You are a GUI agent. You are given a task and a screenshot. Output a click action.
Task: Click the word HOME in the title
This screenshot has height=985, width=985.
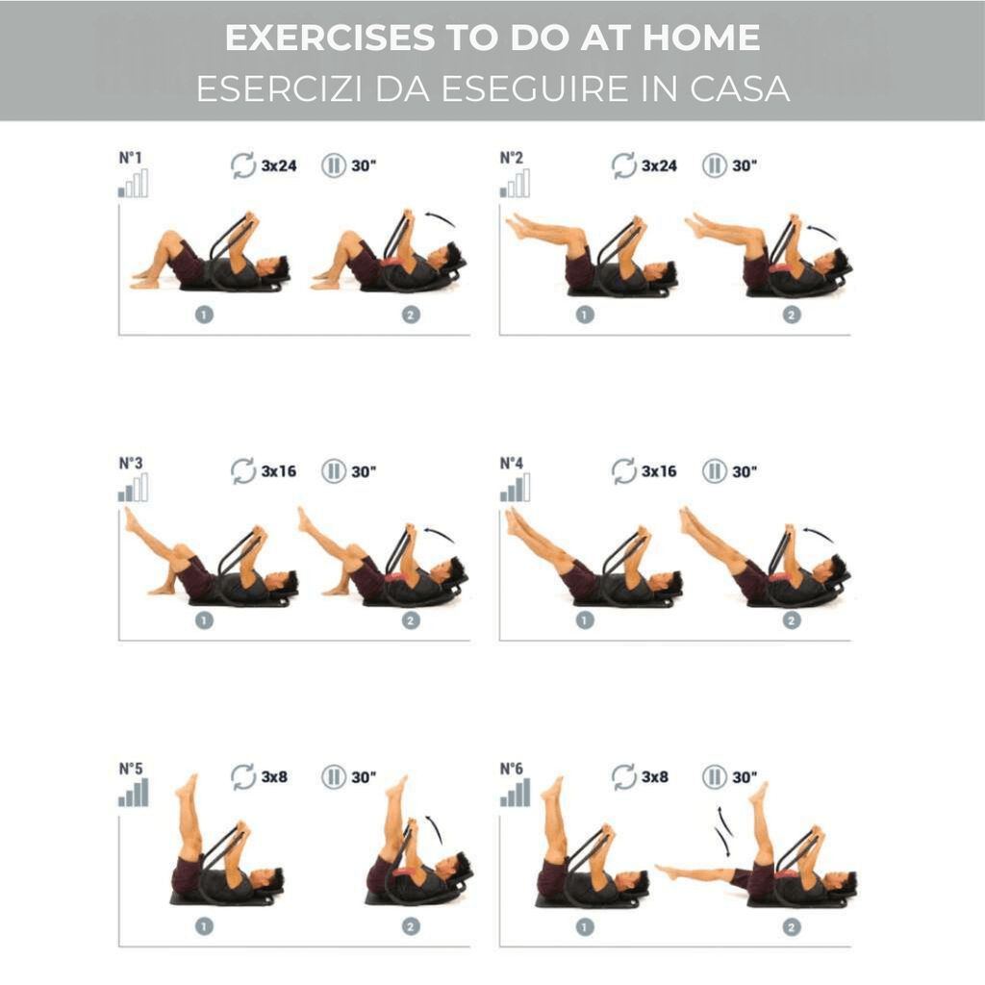701,38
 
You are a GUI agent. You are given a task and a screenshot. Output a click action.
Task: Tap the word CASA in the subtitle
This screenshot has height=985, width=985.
740,88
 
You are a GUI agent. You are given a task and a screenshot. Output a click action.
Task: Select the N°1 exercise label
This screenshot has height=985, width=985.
131,158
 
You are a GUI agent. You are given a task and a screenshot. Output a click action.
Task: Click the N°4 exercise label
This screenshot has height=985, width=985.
512,464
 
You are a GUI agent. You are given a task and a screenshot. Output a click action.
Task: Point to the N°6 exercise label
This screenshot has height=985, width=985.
512,769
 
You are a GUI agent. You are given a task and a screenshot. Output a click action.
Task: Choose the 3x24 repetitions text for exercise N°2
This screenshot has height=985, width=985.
659,165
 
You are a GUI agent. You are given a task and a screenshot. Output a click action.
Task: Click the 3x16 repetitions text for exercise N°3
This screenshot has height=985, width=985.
278,471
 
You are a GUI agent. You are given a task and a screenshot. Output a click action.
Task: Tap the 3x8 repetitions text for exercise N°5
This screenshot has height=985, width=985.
274,777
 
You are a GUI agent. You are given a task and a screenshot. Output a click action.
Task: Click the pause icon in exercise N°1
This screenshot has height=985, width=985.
334,165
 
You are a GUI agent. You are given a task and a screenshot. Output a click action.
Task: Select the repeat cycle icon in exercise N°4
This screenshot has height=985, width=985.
623,471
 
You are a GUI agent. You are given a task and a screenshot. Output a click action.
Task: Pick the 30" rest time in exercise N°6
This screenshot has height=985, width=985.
745,777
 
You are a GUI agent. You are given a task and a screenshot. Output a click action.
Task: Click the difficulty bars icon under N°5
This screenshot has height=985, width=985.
133,793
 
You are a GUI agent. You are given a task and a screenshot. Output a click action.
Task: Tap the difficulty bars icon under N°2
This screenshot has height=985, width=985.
515,183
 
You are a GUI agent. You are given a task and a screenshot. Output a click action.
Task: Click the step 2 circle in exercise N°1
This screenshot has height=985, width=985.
411,315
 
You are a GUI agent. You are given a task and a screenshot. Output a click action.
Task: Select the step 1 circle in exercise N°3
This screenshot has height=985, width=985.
204,620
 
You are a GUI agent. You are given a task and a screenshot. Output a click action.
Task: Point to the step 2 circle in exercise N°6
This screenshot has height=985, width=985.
792,926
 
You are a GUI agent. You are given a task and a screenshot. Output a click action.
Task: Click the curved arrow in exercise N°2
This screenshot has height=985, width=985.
823,230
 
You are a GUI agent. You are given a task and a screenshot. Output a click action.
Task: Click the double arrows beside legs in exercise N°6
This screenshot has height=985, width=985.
723,831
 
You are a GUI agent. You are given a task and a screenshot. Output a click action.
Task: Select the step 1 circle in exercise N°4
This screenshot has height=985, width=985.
584,620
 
